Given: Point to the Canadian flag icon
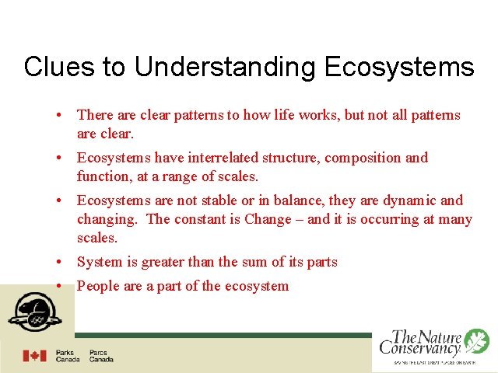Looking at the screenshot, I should click(x=34, y=356).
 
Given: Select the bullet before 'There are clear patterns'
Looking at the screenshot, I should click(x=59, y=115).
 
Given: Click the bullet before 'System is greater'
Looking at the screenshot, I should click(x=59, y=262).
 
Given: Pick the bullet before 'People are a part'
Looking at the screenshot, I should click(x=59, y=286).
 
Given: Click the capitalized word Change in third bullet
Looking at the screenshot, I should click(x=267, y=219).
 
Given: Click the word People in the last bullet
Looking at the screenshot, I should click(x=97, y=286).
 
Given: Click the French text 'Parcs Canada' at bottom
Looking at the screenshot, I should click(x=101, y=356).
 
